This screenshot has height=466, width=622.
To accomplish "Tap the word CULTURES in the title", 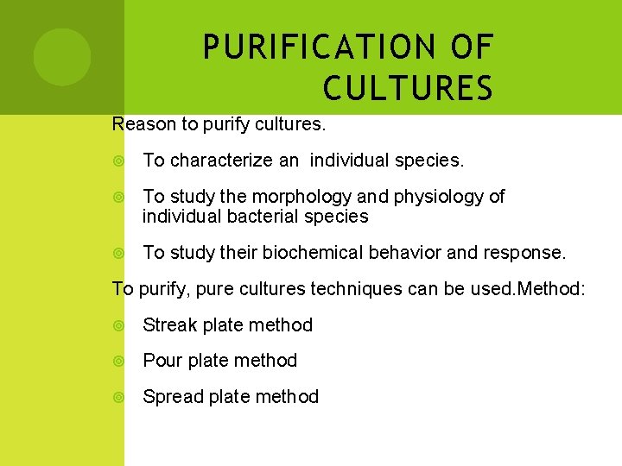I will tap(408, 88).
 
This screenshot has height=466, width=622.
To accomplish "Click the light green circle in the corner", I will tap(62, 57).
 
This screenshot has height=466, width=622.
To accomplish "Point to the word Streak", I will tap(169, 325).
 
